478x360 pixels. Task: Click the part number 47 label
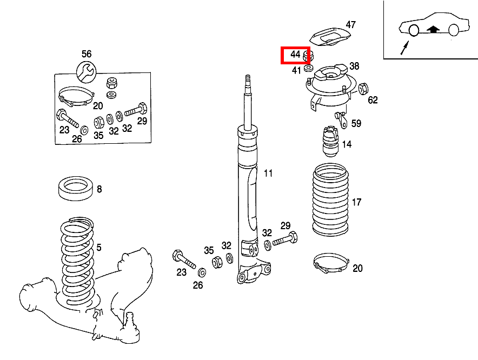[351, 25]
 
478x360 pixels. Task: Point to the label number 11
[268, 174]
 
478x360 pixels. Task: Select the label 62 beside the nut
[373, 99]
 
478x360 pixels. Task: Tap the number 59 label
[356, 124]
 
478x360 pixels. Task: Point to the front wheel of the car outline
[413, 30]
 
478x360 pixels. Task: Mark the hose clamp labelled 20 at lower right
[330, 264]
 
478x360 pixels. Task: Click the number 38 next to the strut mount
[354, 66]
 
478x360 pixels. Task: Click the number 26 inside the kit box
[77, 139]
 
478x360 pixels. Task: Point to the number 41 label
[296, 70]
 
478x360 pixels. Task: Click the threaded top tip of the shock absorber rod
[248, 79]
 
